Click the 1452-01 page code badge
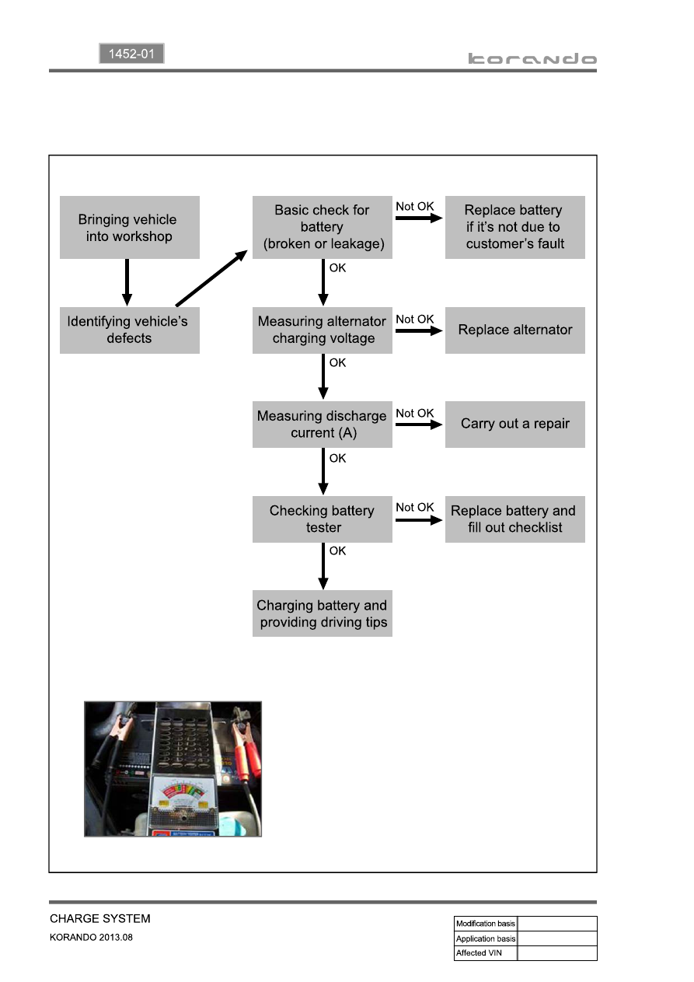click(x=131, y=54)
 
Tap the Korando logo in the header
click(x=532, y=58)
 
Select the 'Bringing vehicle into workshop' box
click(x=130, y=227)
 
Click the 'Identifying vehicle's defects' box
click(x=130, y=330)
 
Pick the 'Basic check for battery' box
click(x=322, y=227)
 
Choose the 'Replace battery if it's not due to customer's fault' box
click(x=514, y=227)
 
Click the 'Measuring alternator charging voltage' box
click(x=322, y=330)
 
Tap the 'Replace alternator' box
click(x=514, y=330)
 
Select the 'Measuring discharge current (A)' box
click(x=322, y=425)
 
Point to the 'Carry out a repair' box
click(x=514, y=425)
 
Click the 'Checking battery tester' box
click(x=322, y=519)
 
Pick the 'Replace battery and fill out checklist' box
click(x=514, y=519)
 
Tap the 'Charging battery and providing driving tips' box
click(x=322, y=613)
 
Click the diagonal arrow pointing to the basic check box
click(x=211, y=278)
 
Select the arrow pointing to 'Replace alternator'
click(x=419, y=330)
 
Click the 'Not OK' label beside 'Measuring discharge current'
click(x=414, y=413)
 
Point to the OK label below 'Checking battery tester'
click(x=337, y=550)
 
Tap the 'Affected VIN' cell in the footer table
click(x=486, y=953)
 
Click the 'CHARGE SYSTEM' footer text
click(x=100, y=918)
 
